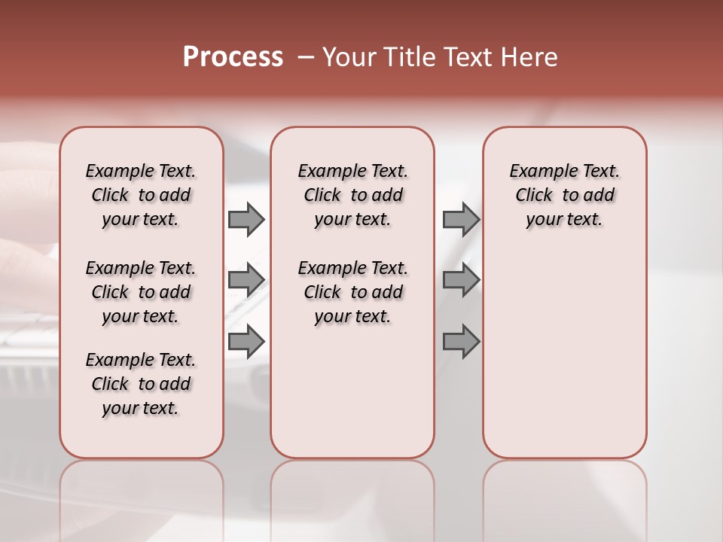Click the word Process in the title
coord(233,57)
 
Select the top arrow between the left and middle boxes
coord(246,219)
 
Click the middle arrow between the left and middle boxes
coord(246,280)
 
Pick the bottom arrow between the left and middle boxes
coord(246,340)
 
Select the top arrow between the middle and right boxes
coord(461,219)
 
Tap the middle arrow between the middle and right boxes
coord(461,280)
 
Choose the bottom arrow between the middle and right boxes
coord(461,342)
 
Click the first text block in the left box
coord(141,195)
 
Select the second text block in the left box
coord(141,292)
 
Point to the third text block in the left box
coord(141,384)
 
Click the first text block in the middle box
coord(352,195)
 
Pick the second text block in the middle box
coord(352,292)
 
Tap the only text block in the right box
coord(565,195)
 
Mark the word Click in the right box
coord(534,196)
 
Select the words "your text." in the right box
coord(565,220)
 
